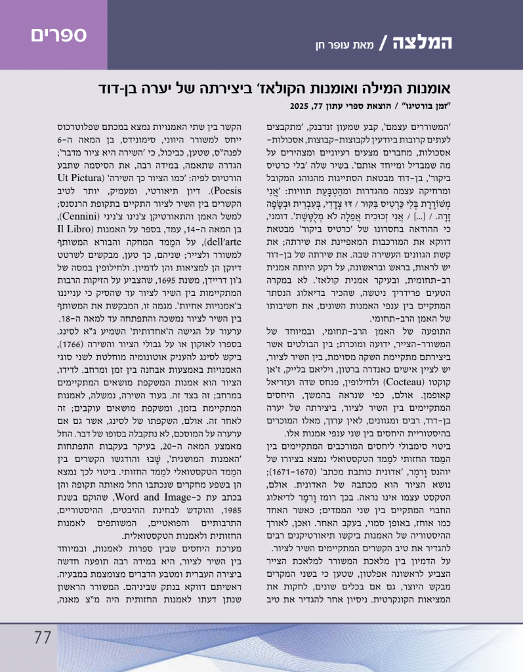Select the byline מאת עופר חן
click(352, 46)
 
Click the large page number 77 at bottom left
click(43, 637)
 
